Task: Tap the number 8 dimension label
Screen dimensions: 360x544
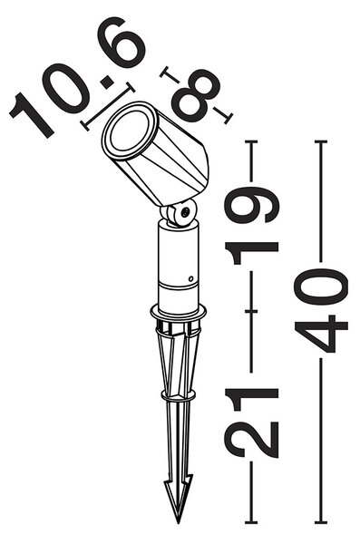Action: coord(196,94)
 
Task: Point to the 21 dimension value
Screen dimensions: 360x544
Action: coord(251,423)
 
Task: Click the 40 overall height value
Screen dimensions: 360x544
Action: coord(321,310)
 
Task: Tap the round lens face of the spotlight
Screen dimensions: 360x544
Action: coord(130,129)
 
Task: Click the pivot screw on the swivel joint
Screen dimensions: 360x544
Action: coord(185,211)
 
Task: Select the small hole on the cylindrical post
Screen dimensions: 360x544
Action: coord(190,278)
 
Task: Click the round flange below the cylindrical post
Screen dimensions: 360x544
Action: coord(178,313)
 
